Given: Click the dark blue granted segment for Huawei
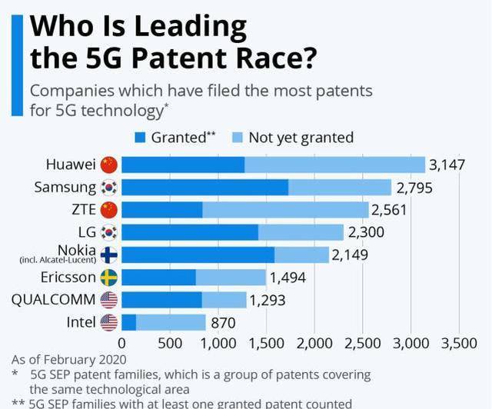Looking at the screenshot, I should coord(183,165).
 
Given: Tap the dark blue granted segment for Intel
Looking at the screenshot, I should coord(128,322).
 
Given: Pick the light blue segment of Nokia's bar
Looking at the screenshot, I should coord(301,254).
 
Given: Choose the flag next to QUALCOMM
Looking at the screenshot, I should coord(108,300).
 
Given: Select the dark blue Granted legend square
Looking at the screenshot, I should coord(140,138).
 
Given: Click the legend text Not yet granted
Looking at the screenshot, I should coord(301,138).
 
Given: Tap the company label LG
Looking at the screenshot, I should coord(86,231).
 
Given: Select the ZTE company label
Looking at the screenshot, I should coord(80,209).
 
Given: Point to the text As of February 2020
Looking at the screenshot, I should coord(68,359).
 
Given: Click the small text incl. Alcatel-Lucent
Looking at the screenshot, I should coord(58,261).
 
